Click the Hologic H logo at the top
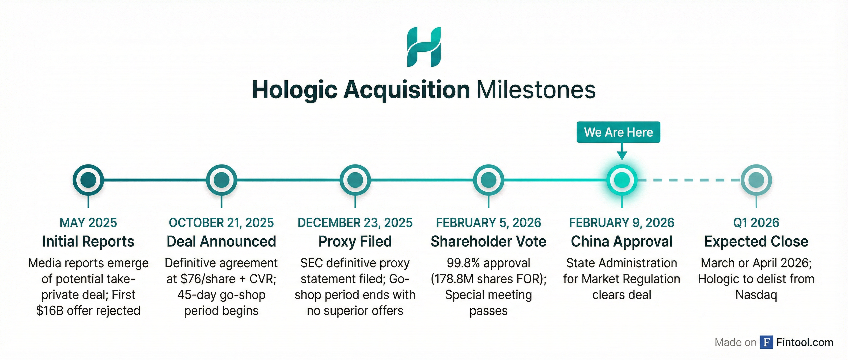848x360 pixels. point(424,47)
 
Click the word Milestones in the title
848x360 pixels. point(536,89)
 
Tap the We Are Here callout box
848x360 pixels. point(619,132)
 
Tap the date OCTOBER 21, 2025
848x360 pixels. point(221,223)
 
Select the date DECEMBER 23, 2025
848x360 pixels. point(355,223)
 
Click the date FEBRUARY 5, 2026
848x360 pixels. point(489,223)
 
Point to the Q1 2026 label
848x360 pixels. point(756,223)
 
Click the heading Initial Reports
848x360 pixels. point(88,241)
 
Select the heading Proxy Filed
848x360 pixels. point(355,241)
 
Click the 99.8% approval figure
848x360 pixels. point(489,263)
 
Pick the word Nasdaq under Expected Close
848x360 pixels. point(756,295)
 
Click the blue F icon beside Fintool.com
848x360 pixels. point(767,342)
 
